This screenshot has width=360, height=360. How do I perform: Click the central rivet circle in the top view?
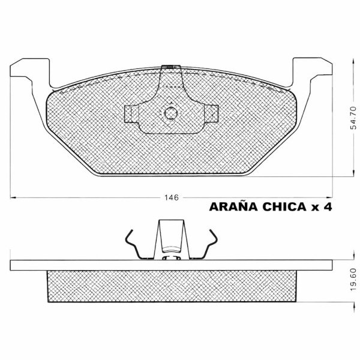pos(171,113)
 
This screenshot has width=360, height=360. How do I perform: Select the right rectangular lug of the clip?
pos(211,113)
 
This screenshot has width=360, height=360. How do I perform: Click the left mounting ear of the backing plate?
pos(30,71)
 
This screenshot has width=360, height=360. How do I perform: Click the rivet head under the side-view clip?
pos(171,259)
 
